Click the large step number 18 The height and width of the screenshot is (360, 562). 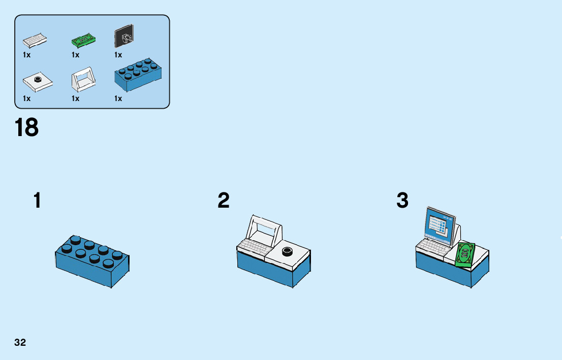tap(27, 127)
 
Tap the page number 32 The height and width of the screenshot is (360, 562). tap(20, 342)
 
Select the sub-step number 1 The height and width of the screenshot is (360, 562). tap(37, 201)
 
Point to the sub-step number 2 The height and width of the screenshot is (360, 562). tap(224, 201)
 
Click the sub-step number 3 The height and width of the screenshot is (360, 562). tap(402, 201)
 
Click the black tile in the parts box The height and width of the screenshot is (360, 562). tap(124, 36)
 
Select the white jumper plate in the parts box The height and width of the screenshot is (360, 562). tap(38, 81)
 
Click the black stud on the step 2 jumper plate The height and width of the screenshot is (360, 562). tap(288, 250)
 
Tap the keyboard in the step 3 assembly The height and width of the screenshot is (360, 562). tap(432, 247)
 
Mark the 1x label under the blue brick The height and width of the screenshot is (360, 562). tap(118, 99)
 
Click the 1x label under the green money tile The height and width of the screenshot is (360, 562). tap(76, 54)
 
